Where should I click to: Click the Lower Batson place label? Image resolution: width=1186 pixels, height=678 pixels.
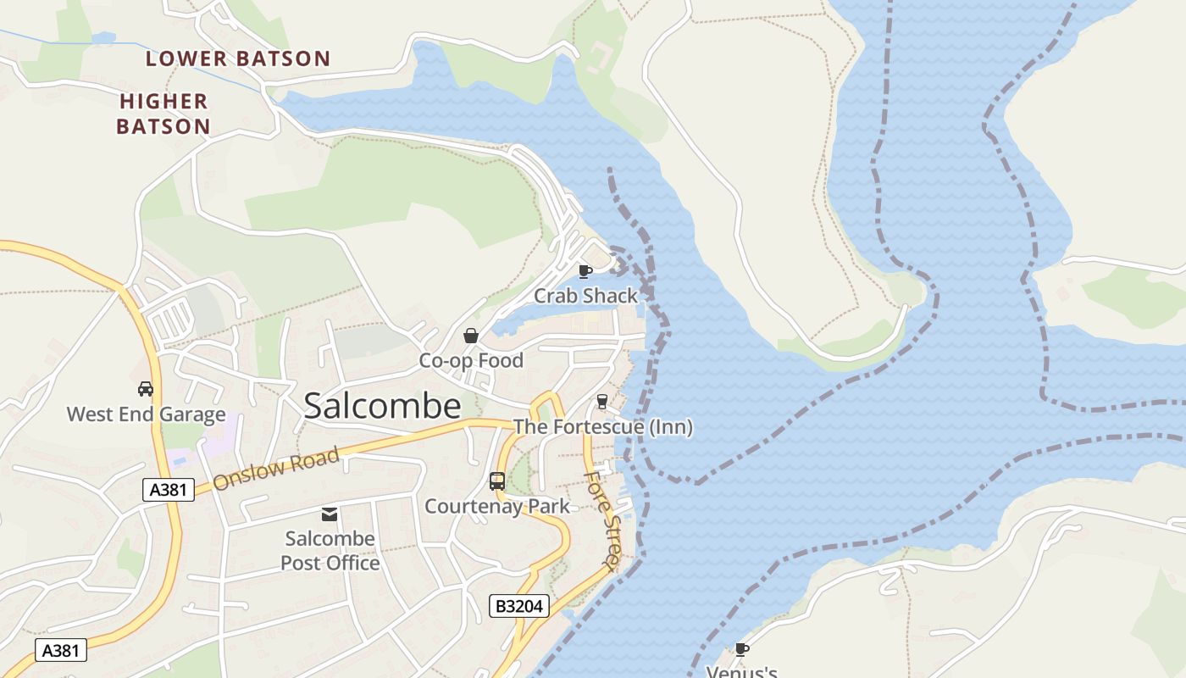pos(237,58)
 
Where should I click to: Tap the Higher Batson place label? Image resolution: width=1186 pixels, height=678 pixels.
pos(163,114)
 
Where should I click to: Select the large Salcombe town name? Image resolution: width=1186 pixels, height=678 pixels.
pos(382,406)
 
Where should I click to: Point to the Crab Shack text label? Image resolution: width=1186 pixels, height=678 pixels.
pos(585,296)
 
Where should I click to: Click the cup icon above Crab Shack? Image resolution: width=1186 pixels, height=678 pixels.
pos(585,271)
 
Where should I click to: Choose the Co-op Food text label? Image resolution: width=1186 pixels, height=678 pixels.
pos(471,360)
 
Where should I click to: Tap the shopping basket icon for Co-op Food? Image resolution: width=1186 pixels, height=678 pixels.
pos(470,336)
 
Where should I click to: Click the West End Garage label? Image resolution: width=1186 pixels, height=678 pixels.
pos(146,414)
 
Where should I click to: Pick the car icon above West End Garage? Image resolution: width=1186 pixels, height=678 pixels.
pos(146,389)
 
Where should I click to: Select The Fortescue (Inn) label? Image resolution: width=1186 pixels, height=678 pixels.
pos(602,427)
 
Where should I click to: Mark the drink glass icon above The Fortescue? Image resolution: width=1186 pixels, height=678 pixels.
pos(602,401)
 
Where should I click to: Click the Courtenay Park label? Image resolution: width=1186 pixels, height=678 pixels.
pos(496,507)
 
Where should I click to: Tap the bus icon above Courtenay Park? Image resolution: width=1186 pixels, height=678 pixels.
pos(497,481)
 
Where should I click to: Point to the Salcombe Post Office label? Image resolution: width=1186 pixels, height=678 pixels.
pos(330,551)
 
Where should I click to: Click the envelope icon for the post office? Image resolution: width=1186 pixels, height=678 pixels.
pos(330,514)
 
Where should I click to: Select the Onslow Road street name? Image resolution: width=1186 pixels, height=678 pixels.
pos(276,469)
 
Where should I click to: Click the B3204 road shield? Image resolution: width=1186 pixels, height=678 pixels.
pos(519,606)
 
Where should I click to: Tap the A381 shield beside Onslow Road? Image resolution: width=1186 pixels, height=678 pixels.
pos(168,489)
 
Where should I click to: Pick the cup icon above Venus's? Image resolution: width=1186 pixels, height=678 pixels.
pos(742,649)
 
